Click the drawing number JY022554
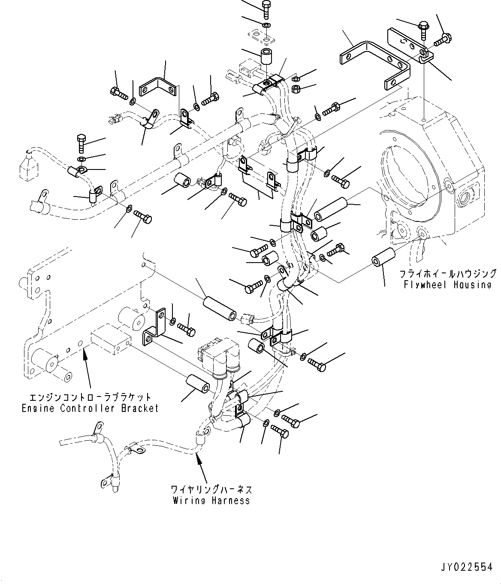[x=468, y=567]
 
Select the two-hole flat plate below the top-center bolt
[x=261, y=36]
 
